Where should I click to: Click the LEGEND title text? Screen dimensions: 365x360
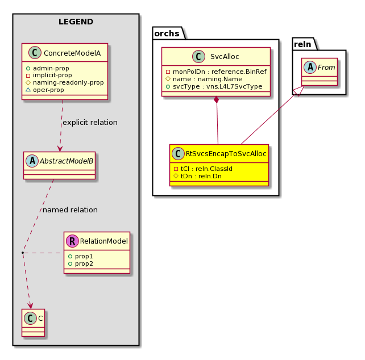click(x=76, y=22)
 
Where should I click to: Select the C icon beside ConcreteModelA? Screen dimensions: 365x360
click(x=35, y=53)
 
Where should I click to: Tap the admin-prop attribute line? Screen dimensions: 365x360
click(x=48, y=68)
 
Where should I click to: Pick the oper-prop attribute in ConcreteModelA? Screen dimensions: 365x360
click(x=45, y=90)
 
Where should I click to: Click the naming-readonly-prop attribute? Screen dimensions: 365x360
click(x=65, y=82)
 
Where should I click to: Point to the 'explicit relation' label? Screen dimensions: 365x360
click(x=90, y=123)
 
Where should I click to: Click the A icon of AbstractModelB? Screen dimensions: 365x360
click(x=32, y=161)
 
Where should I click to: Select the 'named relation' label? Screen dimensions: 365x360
click(x=70, y=210)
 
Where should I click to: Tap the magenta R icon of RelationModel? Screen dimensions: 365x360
click(x=72, y=241)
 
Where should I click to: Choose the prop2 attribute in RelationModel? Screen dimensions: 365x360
click(x=81, y=263)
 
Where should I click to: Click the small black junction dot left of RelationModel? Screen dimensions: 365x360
click(x=23, y=253)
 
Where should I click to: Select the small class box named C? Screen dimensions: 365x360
click(x=34, y=323)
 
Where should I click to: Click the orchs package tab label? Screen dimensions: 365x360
click(x=167, y=34)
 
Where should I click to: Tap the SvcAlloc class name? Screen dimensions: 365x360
click(x=225, y=57)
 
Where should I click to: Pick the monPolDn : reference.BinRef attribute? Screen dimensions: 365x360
click(x=216, y=72)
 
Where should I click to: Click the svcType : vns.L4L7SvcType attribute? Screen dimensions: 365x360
click(x=214, y=86)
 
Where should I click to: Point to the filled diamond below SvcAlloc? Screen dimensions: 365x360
click(x=217, y=100)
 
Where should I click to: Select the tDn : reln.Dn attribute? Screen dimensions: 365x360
click(x=198, y=176)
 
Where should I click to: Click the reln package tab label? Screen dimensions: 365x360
click(x=302, y=44)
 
